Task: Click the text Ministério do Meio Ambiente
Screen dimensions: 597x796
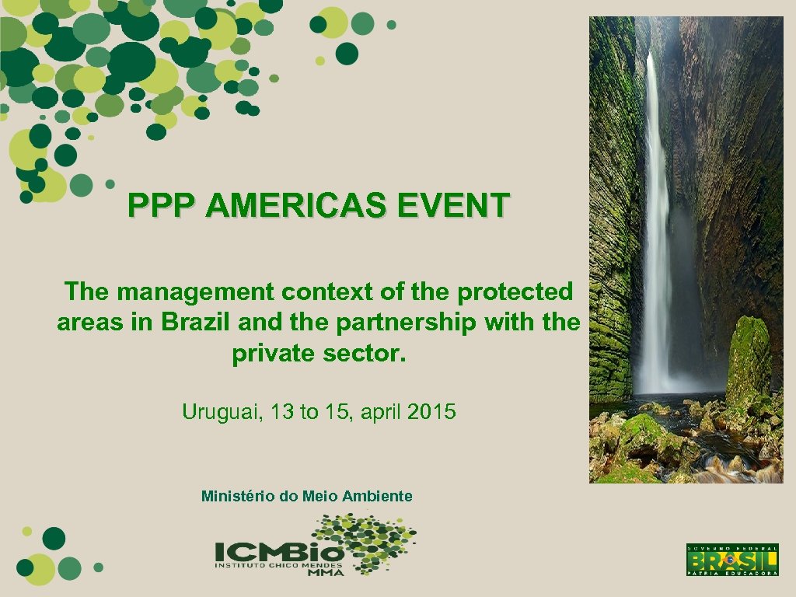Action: pos(307,496)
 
